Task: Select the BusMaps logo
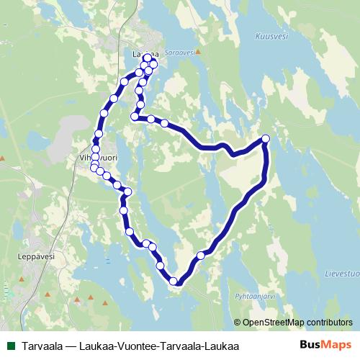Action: pyautogui.click(x=325, y=345)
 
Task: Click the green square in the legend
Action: pyautogui.click(x=9, y=346)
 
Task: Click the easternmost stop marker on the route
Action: pyautogui.click(x=266, y=138)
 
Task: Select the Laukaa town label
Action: pyautogui.click(x=141, y=53)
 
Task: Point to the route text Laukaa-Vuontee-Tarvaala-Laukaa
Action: pyautogui.click(x=158, y=346)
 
